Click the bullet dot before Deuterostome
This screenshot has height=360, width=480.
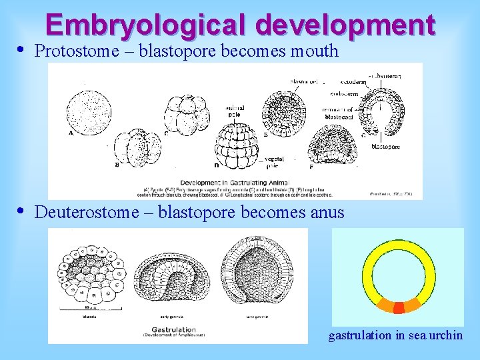(21, 211)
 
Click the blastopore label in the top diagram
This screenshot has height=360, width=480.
(385, 147)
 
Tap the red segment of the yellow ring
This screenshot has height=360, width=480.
(399, 307)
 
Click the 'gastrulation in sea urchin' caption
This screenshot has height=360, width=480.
(395, 335)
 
